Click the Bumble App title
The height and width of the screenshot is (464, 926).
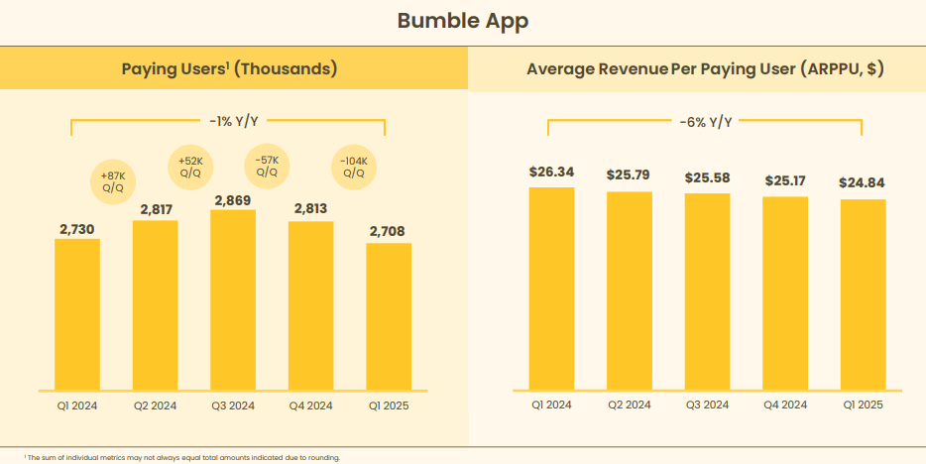click(x=462, y=21)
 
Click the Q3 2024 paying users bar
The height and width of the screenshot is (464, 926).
click(x=232, y=297)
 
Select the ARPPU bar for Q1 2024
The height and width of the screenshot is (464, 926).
click(x=551, y=288)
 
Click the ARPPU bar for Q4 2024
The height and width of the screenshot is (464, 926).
click(x=785, y=292)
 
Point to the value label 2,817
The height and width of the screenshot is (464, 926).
click(x=155, y=208)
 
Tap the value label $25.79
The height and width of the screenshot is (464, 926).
click(x=629, y=175)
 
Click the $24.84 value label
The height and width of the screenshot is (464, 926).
click(x=863, y=183)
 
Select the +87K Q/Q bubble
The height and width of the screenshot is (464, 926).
click(x=113, y=180)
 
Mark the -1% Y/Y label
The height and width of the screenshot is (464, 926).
click(x=233, y=121)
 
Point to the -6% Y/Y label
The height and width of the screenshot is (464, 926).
click(x=706, y=122)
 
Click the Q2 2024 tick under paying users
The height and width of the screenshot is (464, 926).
click(x=155, y=405)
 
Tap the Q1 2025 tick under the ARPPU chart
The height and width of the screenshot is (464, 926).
click(x=863, y=405)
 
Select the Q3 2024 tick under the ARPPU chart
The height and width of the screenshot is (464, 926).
click(x=707, y=405)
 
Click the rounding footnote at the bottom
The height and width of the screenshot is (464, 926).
click(x=182, y=457)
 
